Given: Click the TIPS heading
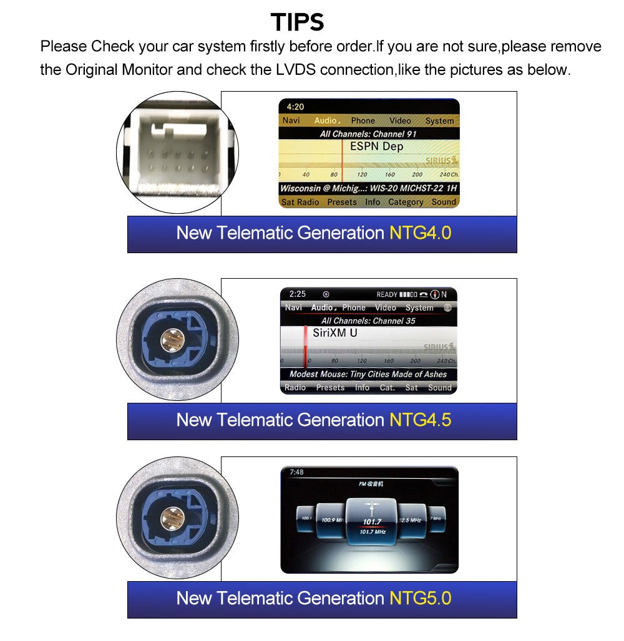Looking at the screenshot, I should point(298,22).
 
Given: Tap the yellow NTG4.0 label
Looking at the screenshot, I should point(420,233).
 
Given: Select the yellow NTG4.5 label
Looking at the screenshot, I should point(420,420).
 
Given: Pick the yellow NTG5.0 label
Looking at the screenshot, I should point(420,599).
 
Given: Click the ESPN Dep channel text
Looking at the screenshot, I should point(376,147).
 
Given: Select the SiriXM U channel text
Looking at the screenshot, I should point(334,333).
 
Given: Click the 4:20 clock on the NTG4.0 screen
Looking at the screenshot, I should point(296,107).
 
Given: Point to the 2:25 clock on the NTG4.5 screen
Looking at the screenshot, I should point(298,294).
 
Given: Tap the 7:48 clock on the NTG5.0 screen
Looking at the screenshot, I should point(296,472).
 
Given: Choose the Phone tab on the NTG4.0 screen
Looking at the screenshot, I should point(363,120).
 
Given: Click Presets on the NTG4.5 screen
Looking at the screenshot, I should point(330,387).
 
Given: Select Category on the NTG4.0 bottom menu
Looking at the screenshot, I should point(406,202).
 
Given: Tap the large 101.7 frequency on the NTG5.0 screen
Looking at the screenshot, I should point(372,521).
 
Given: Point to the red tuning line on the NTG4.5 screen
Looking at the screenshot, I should point(306,347).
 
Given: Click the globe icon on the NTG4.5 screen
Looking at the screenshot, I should point(447,308).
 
